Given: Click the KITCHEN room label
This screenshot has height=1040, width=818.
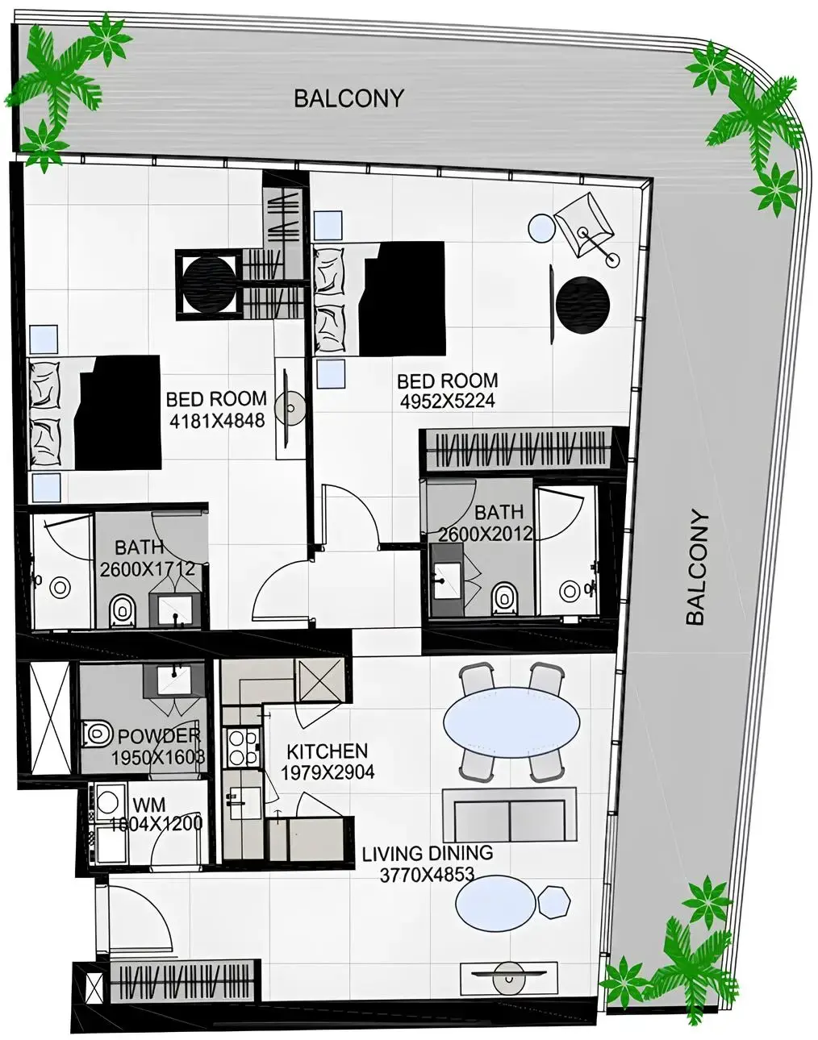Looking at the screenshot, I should click(x=327, y=751).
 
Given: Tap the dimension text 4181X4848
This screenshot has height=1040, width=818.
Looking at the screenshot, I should click(x=217, y=420).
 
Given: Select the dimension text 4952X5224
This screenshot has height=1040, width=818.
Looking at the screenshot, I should click(x=447, y=401).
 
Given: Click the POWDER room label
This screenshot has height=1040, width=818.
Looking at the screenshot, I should click(x=159, y=736).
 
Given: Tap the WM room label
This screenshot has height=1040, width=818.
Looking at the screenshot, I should click(x=149, y=805).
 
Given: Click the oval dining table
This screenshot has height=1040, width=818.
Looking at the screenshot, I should click(x=511, y=722).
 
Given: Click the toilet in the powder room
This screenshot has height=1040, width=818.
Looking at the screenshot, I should click(x=97, y=733).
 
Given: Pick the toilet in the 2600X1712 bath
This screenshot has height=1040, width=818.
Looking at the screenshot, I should click(x=122, y=609).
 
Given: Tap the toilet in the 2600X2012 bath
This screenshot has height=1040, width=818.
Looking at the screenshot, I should click(x=504, y=597).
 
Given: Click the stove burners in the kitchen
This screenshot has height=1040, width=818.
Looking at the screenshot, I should click(x=243, y=747).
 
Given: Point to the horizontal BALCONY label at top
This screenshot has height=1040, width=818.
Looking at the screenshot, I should click(x=348, y=98).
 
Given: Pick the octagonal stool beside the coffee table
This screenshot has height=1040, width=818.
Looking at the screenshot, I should click(x=555, y=901).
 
